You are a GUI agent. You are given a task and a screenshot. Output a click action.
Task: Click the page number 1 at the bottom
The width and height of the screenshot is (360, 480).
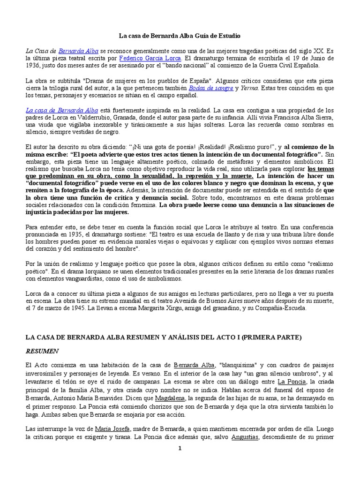pyautogui.click(x=180, y=448)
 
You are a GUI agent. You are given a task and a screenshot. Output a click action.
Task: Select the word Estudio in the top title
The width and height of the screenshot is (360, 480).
pyautogui.click(x=229, y=36)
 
